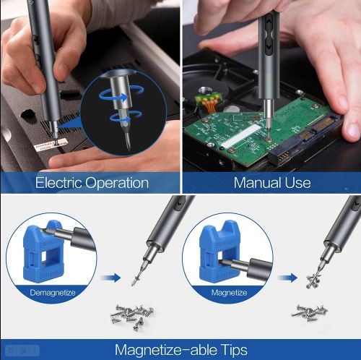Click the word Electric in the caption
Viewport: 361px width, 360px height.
point(58,182)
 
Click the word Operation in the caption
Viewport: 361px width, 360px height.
point(117,183)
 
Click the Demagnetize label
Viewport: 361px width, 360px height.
point(53,293)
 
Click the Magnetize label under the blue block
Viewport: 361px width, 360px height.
point(229,293)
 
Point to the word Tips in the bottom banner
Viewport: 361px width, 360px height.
point(234,350)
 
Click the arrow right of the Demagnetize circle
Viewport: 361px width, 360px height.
point(110,278)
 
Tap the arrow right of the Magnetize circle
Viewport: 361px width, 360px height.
point(287,278)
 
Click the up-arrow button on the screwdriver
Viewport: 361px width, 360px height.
point(269,22)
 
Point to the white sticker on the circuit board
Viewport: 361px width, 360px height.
point(240,135)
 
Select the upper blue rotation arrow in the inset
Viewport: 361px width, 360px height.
point(121,94)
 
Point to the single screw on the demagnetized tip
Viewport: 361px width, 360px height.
point(136,279)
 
